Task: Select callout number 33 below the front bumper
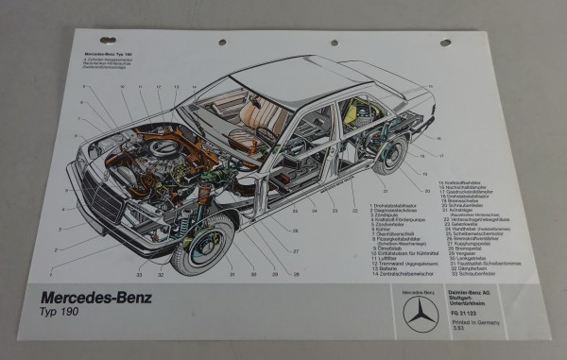[x=140, y=276]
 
